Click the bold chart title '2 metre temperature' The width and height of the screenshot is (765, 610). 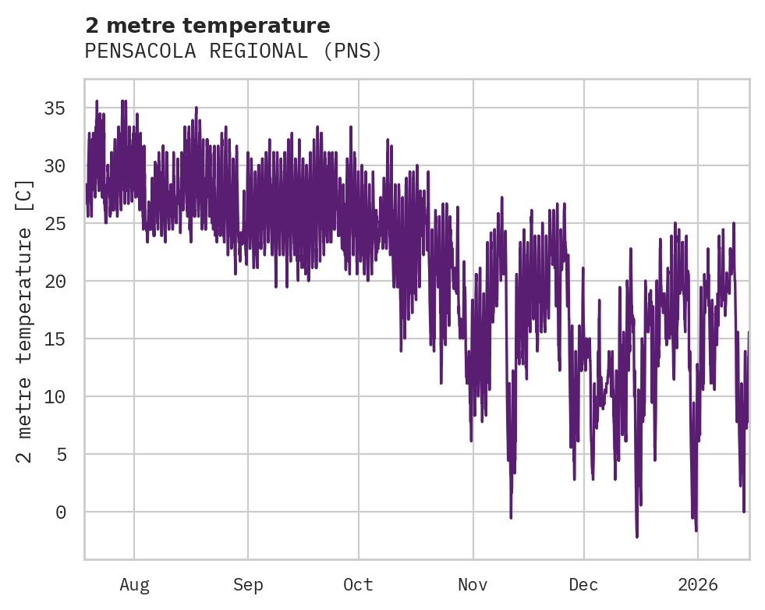tap(207, 26)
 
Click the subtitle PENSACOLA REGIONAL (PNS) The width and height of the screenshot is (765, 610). tap(233, 51)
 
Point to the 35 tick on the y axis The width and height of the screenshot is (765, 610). tap(54, 108)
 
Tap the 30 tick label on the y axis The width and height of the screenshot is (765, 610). tap(54, 165)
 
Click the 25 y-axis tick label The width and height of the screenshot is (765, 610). tap(54, 223)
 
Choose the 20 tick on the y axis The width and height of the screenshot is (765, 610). tap(54, 281)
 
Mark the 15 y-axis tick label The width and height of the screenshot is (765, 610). tap(54, 339)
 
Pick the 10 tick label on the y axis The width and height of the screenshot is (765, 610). tap(54, 396)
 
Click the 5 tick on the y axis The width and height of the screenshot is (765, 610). tap(60, 454)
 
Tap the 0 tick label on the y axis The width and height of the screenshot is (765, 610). tap(60, 512)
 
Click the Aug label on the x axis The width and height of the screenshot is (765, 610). tap(134, 585)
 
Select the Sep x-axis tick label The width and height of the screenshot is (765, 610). tap(248, 585)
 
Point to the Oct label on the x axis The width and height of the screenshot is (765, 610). tap(359, 585)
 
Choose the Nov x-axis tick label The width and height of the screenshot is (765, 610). tap(473, 585)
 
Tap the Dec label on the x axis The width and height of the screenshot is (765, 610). tap(583, 585)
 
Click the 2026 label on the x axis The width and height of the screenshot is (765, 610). tap(697, 585)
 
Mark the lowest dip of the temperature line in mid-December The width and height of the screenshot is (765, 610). tap(637, 537)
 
